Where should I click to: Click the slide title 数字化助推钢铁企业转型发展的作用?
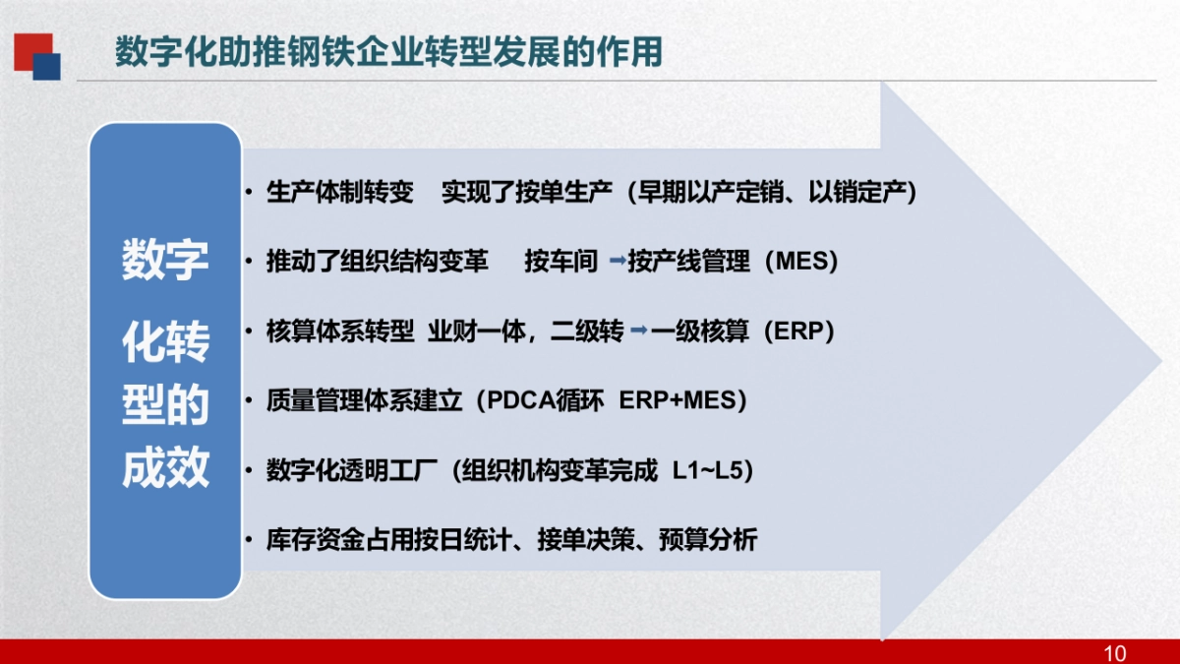pyautogui.click(x=387, y=52)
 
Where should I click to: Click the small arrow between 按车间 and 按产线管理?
pyautogui.click(x=618, y=262)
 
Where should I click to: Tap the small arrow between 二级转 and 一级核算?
pyautogui.click(x=639, y=332)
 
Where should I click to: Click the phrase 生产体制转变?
pyautogui.click(x=340, y=193)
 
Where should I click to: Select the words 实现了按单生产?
pyautogui.click(x=527, y=193)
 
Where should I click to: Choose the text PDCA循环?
pyautogui.click(x=539, y=401)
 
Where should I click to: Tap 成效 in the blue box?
pyautogui.click(x=165, y=469)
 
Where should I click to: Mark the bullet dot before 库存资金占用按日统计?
pyautogui.click(x=251, y=540)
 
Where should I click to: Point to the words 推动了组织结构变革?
pyautogui.click(x=377, y=263)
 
